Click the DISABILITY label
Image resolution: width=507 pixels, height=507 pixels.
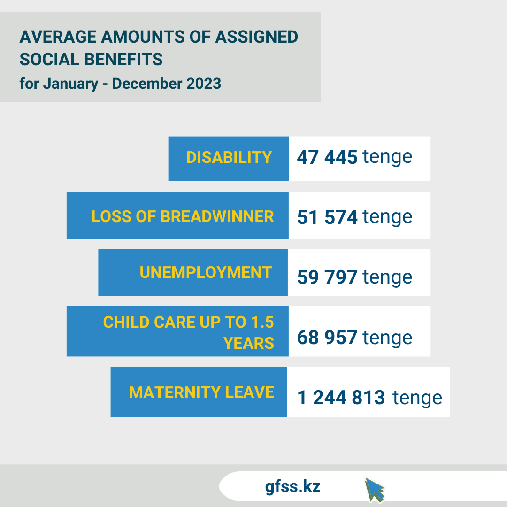point(229,157)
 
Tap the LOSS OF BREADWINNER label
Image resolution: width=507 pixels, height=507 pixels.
point(183,216)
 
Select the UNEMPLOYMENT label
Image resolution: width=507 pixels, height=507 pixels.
point(206,272)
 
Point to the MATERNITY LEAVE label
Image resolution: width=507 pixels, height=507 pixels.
point(201,392)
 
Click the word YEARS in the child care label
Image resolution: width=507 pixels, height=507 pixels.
point(249,343)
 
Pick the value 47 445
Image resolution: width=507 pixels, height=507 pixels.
point(327,157)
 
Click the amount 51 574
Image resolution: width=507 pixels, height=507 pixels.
point(327,217)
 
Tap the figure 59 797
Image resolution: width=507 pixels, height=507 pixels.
point(327,277)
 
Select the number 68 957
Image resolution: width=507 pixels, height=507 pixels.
point(327,337)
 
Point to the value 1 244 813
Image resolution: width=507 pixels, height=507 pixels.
point(341,398)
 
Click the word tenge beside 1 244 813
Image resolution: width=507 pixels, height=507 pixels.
point(417,398)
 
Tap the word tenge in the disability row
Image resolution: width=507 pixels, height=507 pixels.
point(387,157)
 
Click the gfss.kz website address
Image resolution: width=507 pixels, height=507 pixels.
point(292,486)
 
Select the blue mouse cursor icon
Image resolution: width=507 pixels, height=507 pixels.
point(375,490)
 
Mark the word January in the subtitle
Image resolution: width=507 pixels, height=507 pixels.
point(71,84)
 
